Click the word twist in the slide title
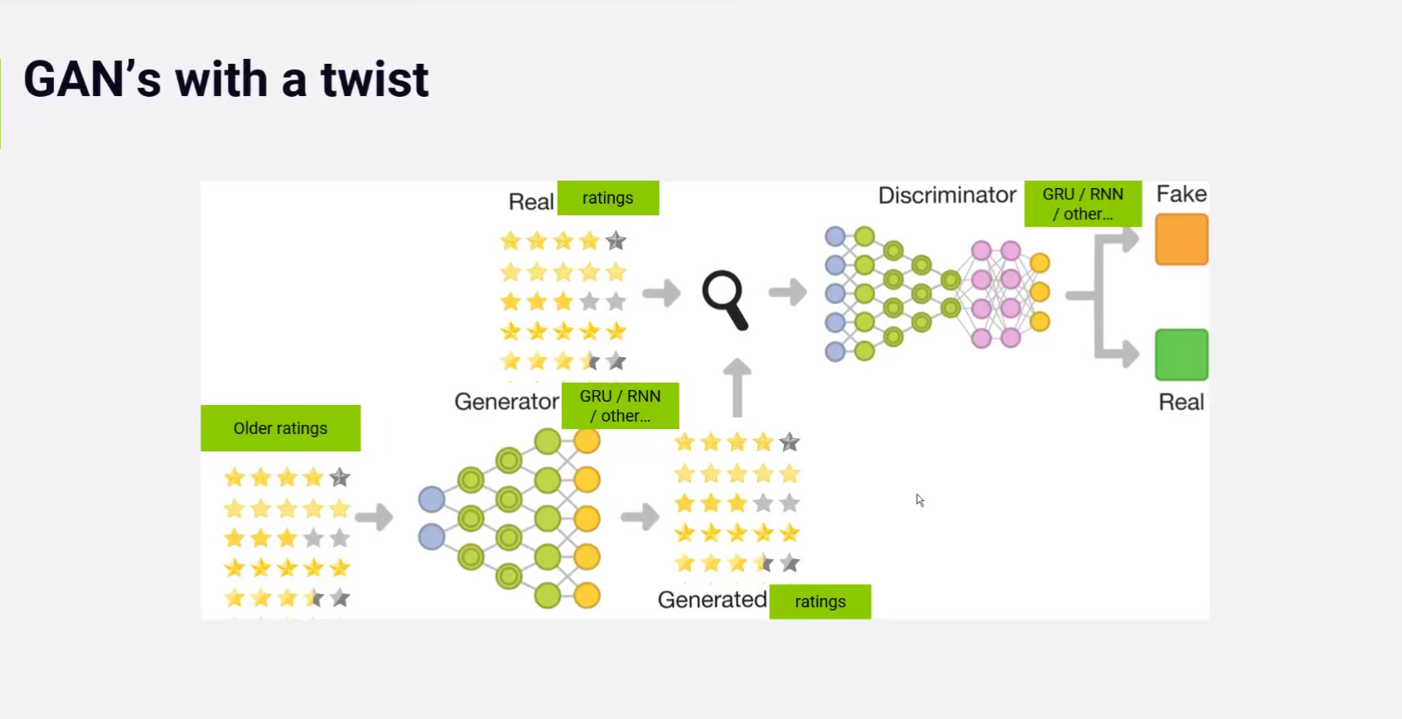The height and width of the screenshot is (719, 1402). pyautogui.click(x=375, y=80)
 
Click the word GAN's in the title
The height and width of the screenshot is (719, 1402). pyautogui.click(x=92, y=80)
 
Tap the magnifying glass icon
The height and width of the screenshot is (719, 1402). pyautogui.click(x=724, y=299)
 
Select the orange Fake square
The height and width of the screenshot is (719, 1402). pyautogui.click(x=1182, y=239)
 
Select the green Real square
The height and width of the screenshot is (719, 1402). pyautogui.click(x=1182, y=355)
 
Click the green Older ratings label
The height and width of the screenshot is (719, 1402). pyautogui.click(x=280, y=428)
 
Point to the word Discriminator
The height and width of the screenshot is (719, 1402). pyautogui.click(x=946, y=195)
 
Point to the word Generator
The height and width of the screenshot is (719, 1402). pyautogui.click(x=506, y=402)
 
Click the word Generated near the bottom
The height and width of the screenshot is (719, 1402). pyautogui.click(x=712, y=600)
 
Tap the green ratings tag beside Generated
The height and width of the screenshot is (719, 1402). pyautogui.click(x=819, y=601)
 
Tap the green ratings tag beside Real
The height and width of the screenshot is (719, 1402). pyautogui.click(x=607, y=198)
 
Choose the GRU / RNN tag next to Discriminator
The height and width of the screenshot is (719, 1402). pyautogui.click(x=1082, y=204)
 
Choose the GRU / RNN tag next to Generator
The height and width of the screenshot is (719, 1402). pyautogui.click(x=620, y=406)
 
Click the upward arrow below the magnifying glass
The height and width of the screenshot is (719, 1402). pyautogui.click(x=737, y=388)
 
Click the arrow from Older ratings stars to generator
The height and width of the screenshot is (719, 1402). pyautogui.click(x=374, y=517)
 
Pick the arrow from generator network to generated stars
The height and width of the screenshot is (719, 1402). pyautogui.click(x=640, y=517)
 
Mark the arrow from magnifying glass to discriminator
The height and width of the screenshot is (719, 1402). pyautogui.click(x=787, y=292)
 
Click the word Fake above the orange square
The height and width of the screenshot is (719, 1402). pyautogui.click(x=1181, y=194)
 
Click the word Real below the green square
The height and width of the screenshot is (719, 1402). pyautogui.click(x=1181, y=403)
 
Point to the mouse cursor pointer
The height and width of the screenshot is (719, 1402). pyautogui.click(x=919, y=499)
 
